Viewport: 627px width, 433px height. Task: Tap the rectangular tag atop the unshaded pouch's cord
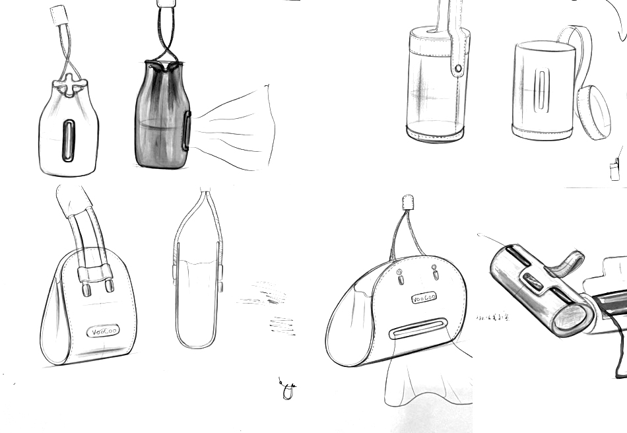[60, 14]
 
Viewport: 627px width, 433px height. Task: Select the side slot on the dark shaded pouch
[187, 130]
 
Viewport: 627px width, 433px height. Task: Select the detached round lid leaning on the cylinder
[593, 112]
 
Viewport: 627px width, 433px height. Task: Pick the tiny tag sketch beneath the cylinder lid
[615, 170]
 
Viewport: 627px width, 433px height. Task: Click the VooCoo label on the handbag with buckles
[102, 331]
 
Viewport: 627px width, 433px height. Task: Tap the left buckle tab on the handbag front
[86, 289]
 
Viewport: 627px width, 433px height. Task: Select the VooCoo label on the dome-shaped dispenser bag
[424, 299]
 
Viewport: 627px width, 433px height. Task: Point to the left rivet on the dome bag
[401, 277]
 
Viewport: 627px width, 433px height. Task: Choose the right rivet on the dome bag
[434, 271]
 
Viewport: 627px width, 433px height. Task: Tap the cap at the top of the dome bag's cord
[408, 201]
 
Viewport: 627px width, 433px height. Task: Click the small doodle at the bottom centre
[288, 390]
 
